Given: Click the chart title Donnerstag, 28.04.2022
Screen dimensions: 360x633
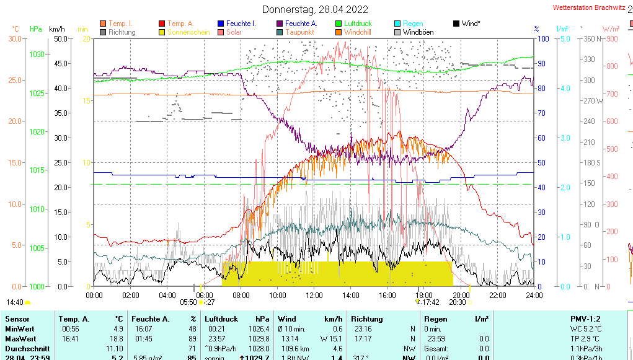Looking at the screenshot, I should pyautogui.click(x=315, y=9).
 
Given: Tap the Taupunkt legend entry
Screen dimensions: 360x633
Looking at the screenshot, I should pyautogui.click(x=299, y=32).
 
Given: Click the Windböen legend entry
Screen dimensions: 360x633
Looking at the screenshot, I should pyautogui.click(x=418, y=32).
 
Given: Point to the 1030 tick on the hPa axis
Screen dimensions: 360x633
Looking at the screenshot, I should pyautogui.click(x=37, y=55).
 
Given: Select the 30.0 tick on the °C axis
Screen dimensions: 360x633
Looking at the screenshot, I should pyautogui.click(x=15, y=38).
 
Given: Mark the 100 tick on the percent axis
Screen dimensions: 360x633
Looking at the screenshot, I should pyautogui.click(x=542, y=38).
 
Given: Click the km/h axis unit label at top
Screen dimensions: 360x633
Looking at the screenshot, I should pyautogui.click(x=56, y=29).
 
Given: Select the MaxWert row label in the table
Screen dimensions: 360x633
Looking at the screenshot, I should pyautogui.click(x=20, y=338).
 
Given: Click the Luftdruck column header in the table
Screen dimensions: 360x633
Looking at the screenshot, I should pyautogui.click(x=221, y=318).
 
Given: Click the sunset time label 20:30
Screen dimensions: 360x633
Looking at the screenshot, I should pyautogui.click(x=457, y=302).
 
